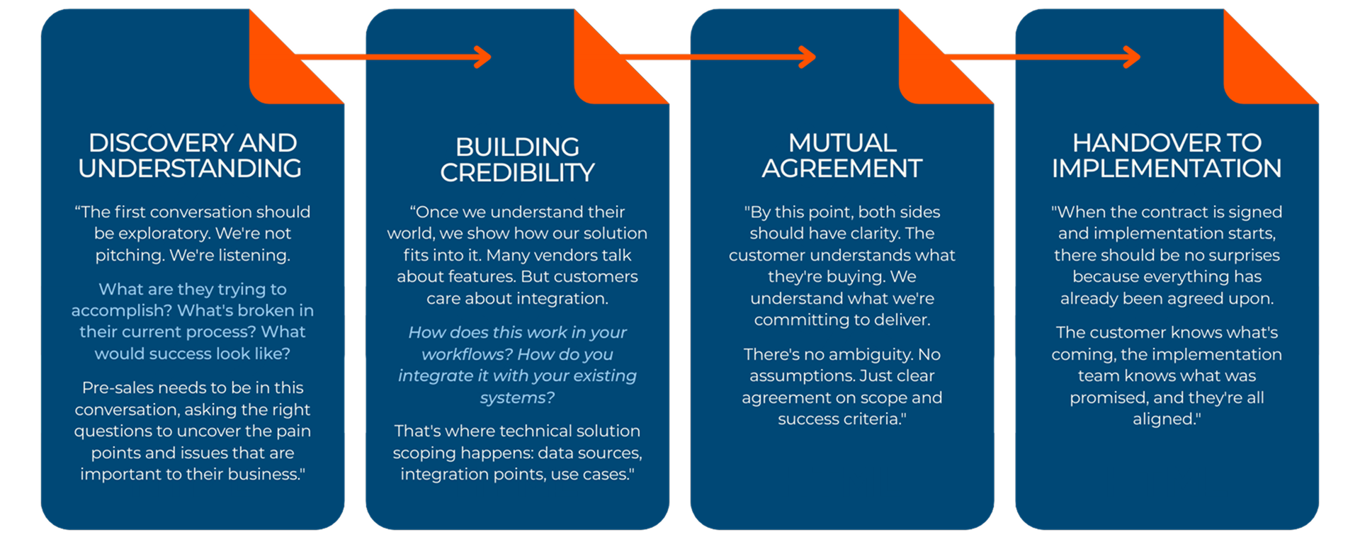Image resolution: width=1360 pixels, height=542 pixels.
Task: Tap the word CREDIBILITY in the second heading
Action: click(517, 173)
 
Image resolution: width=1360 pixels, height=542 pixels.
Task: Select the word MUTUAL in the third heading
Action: click(842, 143)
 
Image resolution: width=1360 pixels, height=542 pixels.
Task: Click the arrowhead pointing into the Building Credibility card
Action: click(484, 57)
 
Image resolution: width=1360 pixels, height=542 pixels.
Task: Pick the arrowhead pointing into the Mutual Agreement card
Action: click(808, 57)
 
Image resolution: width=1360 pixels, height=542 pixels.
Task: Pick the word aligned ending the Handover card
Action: click(1165, 419)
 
